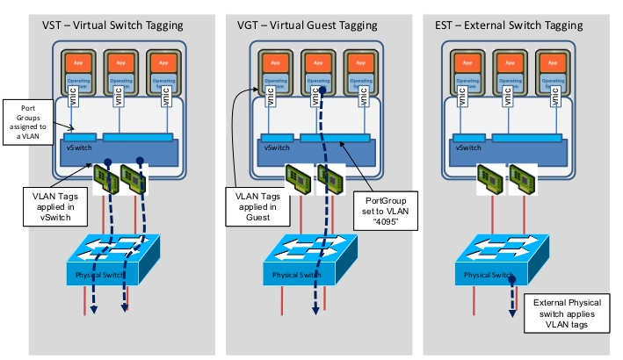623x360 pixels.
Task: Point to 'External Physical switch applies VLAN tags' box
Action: point(569,311)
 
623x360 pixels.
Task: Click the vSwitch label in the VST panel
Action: point(79,148)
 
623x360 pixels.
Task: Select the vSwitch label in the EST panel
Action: point(468,148)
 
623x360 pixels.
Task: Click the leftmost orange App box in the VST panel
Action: point(78,64)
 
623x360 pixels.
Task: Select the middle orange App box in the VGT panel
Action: point(316,64)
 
